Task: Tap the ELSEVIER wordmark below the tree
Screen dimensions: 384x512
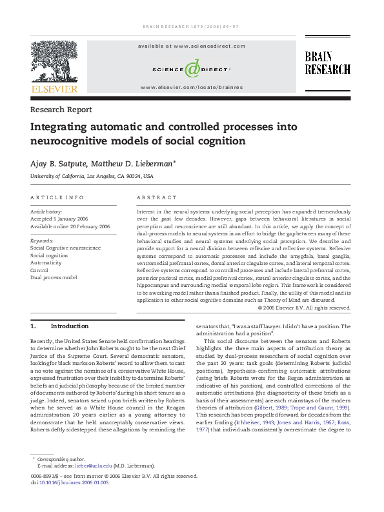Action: [x=54, y=89]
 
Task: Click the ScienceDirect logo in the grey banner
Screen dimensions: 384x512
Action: [x=191, y=68]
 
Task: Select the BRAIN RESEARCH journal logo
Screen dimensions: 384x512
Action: [x=327, y=63]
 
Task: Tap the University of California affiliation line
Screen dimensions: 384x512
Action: [x=92, y=176]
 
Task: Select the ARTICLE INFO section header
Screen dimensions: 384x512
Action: [x=57, y=197]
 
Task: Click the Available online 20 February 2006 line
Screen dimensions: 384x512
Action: [x=70, y=227]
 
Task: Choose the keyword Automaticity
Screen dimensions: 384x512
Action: [x=46, y=263]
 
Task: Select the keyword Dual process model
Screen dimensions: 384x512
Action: [x=54, y=277]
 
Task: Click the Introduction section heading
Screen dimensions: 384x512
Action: [x=68, y=326]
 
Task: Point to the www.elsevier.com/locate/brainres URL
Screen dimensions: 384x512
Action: [x=191, y=86]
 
